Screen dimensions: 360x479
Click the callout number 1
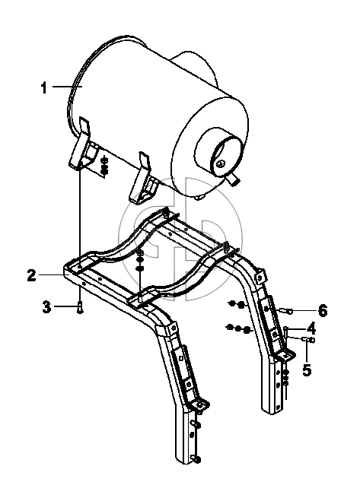point(44,87)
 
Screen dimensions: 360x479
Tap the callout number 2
point(31,275)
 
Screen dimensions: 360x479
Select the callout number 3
point(46,306)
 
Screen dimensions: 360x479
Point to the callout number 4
point(311,328)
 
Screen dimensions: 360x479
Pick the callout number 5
point(307,370)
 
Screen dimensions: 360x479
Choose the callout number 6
point(323,311)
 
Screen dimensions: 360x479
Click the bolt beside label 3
point(80,306)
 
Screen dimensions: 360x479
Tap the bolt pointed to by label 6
point(285,311)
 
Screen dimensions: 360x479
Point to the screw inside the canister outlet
point(220,164)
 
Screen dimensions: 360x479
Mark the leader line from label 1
point(67,87)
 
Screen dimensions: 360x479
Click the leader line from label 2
point(51,275)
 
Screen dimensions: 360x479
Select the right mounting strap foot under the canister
point(144,178)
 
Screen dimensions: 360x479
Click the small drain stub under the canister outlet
point(234,179)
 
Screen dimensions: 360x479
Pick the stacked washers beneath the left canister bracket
point(104,165)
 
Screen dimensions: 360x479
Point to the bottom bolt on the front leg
point(196,458)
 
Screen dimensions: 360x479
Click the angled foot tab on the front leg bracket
point(199,406)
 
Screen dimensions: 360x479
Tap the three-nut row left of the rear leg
point(239,328)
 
